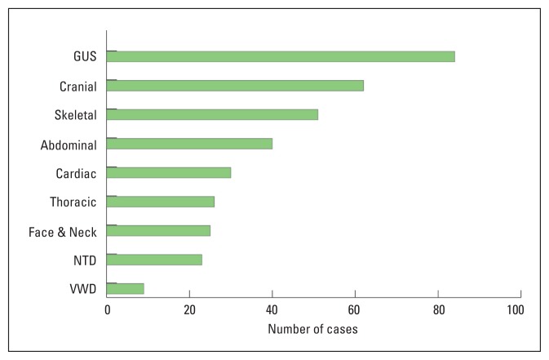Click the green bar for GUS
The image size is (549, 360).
coord(281,56)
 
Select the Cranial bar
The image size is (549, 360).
coord(235,86)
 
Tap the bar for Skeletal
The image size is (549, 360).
coord(212,114)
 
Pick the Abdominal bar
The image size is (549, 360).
coord(189,144)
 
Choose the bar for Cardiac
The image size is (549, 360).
coord(169,172)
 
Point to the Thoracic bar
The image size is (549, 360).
coord(161,202)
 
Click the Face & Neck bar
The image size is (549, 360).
coord(158,230)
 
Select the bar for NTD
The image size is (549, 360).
coord(154,260)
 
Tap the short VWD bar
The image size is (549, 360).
coord(126,288)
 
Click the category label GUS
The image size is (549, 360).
coord(85,57)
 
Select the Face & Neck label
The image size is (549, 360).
coord(63,232)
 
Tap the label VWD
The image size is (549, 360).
coord(83,289)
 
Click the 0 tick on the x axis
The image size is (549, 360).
coord(107,310)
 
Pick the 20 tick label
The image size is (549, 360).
coord(189,310)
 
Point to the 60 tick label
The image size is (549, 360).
coord(355,310)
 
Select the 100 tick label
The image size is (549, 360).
coord(515,310)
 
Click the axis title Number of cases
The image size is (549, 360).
coord(313,330)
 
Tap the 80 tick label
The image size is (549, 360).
coord(438,310)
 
